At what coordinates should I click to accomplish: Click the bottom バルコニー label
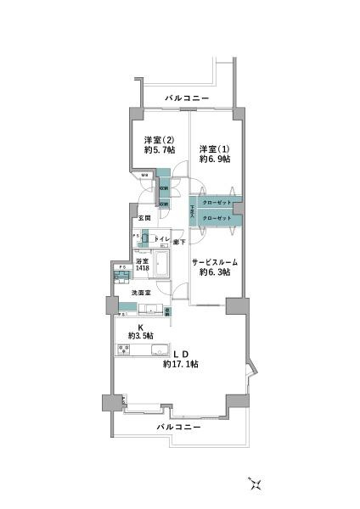tap(179, 428)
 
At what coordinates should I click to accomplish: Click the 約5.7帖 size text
tap(159, 150)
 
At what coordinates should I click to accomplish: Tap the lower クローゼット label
tap(217, 219)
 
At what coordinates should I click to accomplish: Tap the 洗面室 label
tap(141, 294)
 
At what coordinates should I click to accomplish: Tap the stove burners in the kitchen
tap(124, 349)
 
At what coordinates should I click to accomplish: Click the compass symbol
tap(256, 484)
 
